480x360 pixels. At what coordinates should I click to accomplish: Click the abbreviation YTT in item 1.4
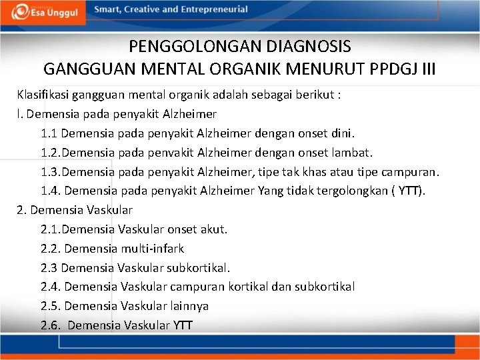pyautogui.click(x=409, y=191)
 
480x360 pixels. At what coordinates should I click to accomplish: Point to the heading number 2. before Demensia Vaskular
pyautogui.click(x=21, y=210)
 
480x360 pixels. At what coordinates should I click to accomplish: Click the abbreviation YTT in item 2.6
pyautogui.click(x=183, y=325)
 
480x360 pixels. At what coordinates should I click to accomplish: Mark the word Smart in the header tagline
pyautogui.click(x=107, y=9)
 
